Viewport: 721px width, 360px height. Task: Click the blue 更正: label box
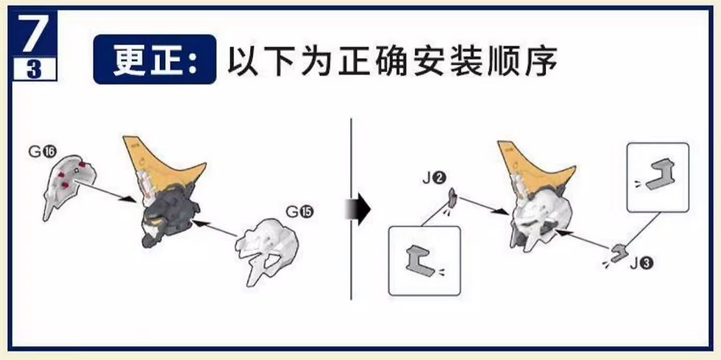154,59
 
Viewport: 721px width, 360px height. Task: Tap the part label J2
434,177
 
